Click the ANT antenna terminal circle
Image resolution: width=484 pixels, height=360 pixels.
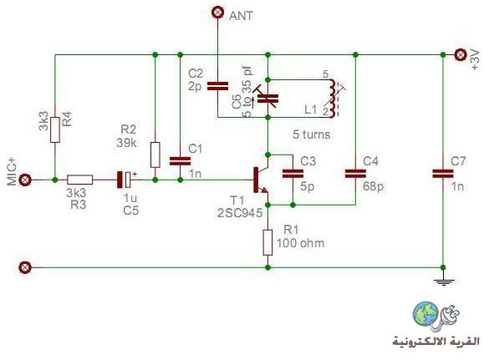(x=217, y=13)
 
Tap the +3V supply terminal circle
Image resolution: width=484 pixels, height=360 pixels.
(x=461, y=55)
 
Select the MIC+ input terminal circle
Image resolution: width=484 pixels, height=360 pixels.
(x=25, y=180)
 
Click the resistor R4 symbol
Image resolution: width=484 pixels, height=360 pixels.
(x=55, y=129)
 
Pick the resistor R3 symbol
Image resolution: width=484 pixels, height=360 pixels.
(x=80, y=180)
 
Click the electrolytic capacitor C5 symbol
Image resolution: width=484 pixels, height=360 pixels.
(x=125, y=180)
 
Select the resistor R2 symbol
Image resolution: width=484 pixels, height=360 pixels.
(x=155, y=155)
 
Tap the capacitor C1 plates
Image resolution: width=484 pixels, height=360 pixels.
(x=181, y=161)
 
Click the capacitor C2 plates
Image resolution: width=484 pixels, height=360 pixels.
(x=217, y=86)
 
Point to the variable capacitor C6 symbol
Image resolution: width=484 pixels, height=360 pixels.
(x=267, y=99)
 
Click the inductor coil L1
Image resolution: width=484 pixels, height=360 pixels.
(x=333, y=99)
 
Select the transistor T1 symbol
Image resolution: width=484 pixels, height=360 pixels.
(x=260, y=180)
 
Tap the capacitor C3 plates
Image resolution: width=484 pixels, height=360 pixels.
(x=293, y=174)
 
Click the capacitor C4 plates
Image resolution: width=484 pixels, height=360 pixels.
(x=355, y=174)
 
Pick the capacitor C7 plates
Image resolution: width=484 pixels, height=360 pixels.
(x=443, y=174)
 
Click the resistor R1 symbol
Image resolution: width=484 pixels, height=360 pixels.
(x=267, y=242)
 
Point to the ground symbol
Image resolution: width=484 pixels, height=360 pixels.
(x=444, y=282)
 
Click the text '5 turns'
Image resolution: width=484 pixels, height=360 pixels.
(x=312, y=134)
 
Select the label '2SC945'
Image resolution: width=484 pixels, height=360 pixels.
(x=240, y=213)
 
